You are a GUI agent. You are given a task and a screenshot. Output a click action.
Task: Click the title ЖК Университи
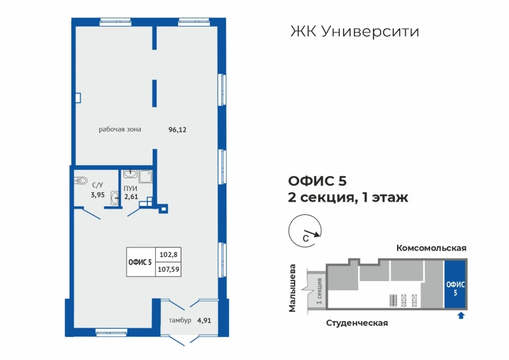click(x=354, y=32)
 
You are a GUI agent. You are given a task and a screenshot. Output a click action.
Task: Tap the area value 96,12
click(x=178, y=130)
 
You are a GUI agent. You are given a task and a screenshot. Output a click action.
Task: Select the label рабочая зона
click(x=120, y=130)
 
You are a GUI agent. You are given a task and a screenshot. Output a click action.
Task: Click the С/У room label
click(x=97, y=185)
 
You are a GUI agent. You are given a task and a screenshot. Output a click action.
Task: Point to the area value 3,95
click(x=97, y=195)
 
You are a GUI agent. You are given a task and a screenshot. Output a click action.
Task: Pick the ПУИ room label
click(x=130, y=189)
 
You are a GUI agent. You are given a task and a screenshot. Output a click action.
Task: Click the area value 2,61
click(x=131, y=197)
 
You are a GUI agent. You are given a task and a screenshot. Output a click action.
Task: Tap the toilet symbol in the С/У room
click(x=81, y=181)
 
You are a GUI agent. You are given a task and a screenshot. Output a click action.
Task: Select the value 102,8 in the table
click(x=168, y=254)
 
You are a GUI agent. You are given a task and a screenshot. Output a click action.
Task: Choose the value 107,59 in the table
click(x=168, y=269)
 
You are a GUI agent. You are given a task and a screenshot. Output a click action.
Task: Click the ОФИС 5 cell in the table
click(x=140, y=262)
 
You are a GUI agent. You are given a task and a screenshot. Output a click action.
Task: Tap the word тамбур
click(x=180, y=321)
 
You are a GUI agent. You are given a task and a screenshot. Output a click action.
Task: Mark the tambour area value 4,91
click(x=204, y=321)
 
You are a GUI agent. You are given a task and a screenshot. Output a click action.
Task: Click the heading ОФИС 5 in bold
click(x=317, y=181)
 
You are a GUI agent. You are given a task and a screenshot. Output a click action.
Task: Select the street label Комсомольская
click(x=431, y=248)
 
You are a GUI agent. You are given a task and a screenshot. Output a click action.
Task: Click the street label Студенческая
click(x=357, y=323)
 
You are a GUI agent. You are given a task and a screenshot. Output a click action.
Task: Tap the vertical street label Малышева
click(x=293, y=289)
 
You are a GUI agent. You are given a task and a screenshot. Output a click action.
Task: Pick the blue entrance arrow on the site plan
click(x=461, y=315)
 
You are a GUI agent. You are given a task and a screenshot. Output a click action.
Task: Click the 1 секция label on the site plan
click(x=319, y=291)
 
